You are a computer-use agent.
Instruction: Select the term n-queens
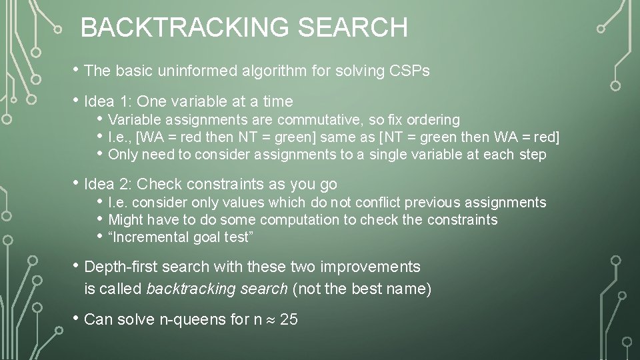point(192,319)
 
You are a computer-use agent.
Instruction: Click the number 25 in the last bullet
point(289,319)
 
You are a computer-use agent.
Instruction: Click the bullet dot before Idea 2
point(77,183)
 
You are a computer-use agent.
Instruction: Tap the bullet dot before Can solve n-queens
point(77,319)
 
